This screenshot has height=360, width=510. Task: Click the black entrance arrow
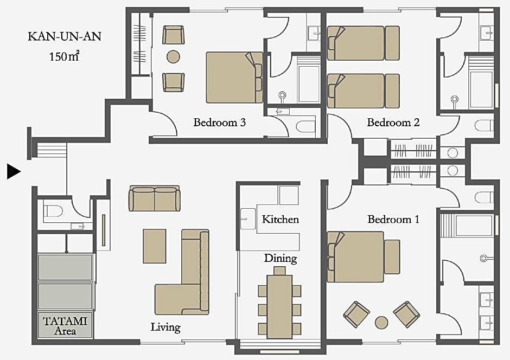[14, 171]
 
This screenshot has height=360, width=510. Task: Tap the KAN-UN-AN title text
[65, 36]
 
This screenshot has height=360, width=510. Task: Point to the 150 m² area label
[64, 56]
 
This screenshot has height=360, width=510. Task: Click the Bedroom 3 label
[220, 122]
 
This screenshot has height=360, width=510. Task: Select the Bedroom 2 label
[393, 122]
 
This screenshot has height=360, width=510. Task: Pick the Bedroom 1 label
[393, 220]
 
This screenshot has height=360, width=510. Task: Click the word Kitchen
[280, 220]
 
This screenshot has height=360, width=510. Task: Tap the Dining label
[280, 259]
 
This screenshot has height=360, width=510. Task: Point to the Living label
[165, 327]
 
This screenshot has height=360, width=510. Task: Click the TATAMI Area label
[65, 326]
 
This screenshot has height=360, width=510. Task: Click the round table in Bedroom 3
[174, 57]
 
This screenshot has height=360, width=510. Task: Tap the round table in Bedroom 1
[381, 322]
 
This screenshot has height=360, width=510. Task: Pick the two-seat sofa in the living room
[155, 198]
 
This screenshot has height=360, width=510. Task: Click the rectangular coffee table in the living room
[155, 246]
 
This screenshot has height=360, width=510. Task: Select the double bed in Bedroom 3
[234, 78]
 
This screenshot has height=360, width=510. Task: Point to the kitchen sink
[248, 219]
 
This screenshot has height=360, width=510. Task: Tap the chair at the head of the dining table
[280, 271]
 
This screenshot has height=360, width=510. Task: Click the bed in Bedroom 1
[364, 256]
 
